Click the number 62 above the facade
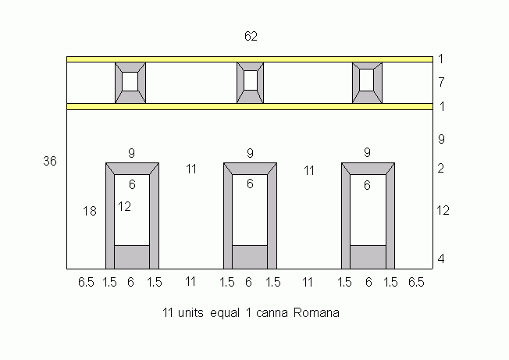[x=251, y=36]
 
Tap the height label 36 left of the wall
[x=50, y=161]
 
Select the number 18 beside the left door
[x=90, y=211]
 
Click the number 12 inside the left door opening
[x=124, y=206]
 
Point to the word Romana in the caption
[x=316, y=313]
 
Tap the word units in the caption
[x=190, y=313]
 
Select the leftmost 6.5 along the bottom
[x=86, y=282]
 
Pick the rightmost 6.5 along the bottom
[x=416, y=282]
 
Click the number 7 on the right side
[x=441, y=83]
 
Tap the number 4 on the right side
[x=441, y=259]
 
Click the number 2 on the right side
[x=440, y=169]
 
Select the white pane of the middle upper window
[x=251, y=80]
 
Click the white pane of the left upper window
[x=130, y=81]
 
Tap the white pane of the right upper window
[x=367, y=80]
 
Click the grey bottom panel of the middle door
[x=250, y=257]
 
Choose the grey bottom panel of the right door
[x=368, y=257]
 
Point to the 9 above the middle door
[x=250, y=153]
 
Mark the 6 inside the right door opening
[x=367, y=185]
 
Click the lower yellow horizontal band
[x=250, y=106]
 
